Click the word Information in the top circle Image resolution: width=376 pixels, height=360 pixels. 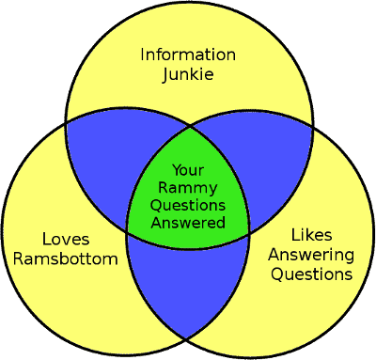point(188,54)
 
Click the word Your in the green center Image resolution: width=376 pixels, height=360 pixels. point(188,170)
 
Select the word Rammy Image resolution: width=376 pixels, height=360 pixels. point(188,188)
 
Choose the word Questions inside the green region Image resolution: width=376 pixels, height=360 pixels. point(188,206)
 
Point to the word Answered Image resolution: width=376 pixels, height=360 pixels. point(188,224)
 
